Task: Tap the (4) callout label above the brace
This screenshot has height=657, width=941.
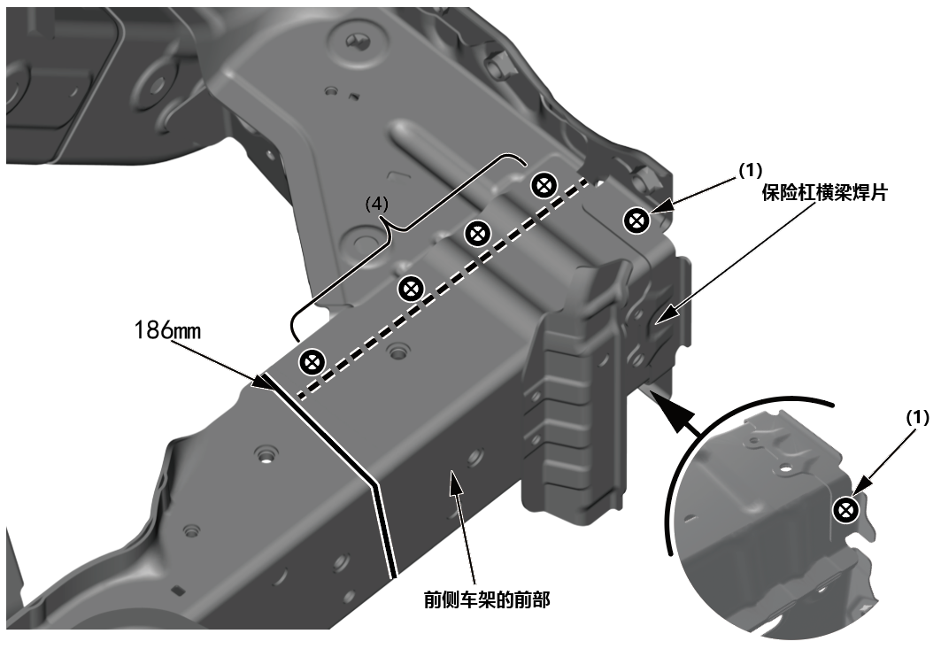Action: pos(377,202)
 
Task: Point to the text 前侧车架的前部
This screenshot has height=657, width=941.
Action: pos(487,601)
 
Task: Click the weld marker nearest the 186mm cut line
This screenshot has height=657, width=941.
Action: pos(311,360)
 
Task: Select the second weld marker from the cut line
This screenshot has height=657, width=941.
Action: pos(410,287)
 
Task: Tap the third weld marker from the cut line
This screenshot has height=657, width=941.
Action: pos(477,233)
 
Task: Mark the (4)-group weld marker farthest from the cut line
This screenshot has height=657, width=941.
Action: pos(544,185)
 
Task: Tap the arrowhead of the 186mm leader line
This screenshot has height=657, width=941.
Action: pos(263,384)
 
